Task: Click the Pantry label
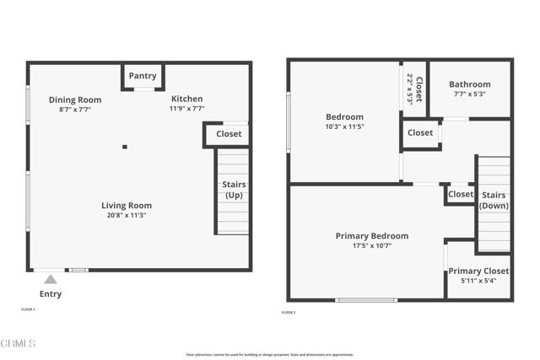click(143, 76)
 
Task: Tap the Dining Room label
click(74, 99)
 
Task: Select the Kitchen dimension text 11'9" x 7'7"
click(186, 109)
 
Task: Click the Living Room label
click(127, 205)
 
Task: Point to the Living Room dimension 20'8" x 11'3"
click(127, 215)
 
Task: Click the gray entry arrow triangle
click(51, 280)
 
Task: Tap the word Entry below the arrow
click(51, 294)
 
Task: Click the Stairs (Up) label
click(234, 190)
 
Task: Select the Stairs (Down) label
click(493, 201)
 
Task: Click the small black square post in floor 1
click(125, 147)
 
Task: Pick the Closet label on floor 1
click(229, 134)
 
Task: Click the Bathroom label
click(469, 84)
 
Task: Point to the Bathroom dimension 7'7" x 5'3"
click(469, 94)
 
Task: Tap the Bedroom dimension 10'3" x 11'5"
click(344, 126)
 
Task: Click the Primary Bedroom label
click(371, 236)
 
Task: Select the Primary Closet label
click(478, 271)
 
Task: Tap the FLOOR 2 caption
click(289, 313)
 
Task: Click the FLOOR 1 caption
click(28, 309)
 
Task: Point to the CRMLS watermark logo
click(19, 344)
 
